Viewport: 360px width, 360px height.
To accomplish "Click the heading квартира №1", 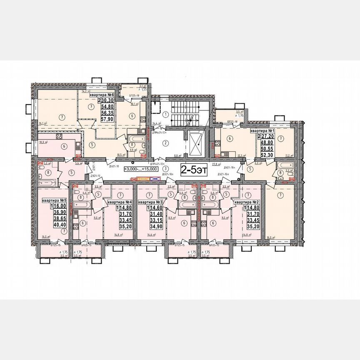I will point(262,131).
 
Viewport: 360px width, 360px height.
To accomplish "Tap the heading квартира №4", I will point(120,202).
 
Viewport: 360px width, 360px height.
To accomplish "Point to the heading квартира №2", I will point(246,202).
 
